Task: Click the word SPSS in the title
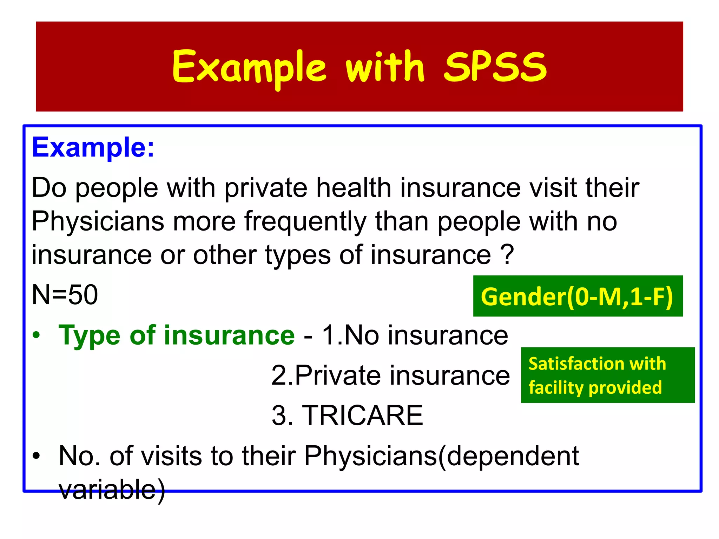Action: pos(495,67)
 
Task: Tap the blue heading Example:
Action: pos(93,147)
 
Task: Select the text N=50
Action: pos(65,295)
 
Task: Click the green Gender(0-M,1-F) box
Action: pos(578,296)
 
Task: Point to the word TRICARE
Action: pos(362,415)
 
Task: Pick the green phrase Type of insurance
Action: pos(177,335)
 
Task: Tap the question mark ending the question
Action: pos(507,255)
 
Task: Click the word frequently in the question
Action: pos(305,222)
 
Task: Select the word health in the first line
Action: pos(354,188)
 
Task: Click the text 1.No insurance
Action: pos(415,335)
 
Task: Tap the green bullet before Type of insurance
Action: pos(36,335)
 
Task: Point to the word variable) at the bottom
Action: pos(112,490)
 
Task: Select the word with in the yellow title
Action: pos(385,67)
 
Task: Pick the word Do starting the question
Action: pos(49,188)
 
